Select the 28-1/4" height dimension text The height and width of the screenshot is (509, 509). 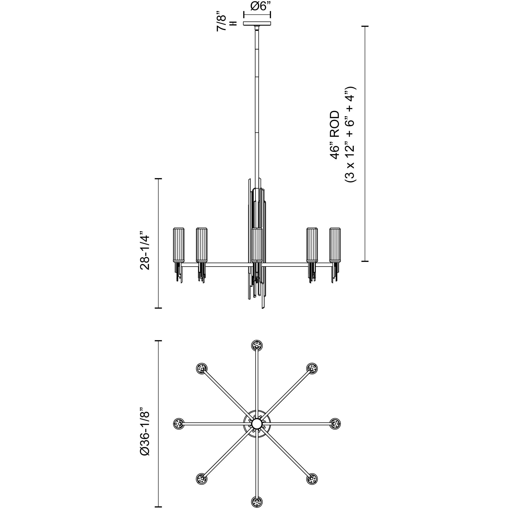point(145,250)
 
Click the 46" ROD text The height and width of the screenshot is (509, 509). point(335,135)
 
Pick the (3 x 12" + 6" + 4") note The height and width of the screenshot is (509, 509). point(351,134)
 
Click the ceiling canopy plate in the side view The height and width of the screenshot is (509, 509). point(257,23)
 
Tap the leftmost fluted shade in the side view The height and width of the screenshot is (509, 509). point(179,245)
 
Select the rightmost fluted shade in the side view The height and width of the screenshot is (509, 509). point(335,245)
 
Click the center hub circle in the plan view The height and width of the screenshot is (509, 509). point(256,424)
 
